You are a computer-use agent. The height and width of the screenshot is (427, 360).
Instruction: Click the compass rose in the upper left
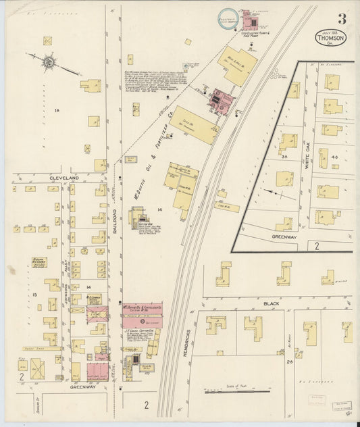point(49,63)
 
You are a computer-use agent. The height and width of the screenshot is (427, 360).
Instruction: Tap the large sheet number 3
point(342,18)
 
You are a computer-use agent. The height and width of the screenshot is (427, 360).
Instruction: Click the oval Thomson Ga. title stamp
point(330,37)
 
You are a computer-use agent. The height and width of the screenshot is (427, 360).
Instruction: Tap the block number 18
point(57,110)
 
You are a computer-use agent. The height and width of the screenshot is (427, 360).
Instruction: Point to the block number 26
point(288,363)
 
